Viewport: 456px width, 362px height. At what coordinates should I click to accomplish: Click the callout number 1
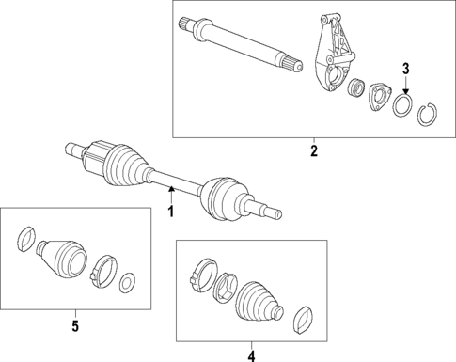pyautogui.click(x=171, y=212)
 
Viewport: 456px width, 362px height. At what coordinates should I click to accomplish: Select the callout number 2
pyautogui.click(x=314, y=150)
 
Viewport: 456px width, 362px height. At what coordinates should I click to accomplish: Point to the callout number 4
pyautogui.click(x=251, y=354)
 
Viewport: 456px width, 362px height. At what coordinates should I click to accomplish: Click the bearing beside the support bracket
pyautogui.click(x=357, y=89)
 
